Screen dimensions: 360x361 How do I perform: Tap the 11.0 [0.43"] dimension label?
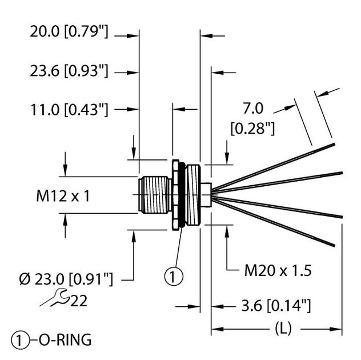tap(69, 109)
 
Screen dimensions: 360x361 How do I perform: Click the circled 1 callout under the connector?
tap(174, 277)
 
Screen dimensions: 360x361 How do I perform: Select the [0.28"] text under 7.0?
tap(252, 129)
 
